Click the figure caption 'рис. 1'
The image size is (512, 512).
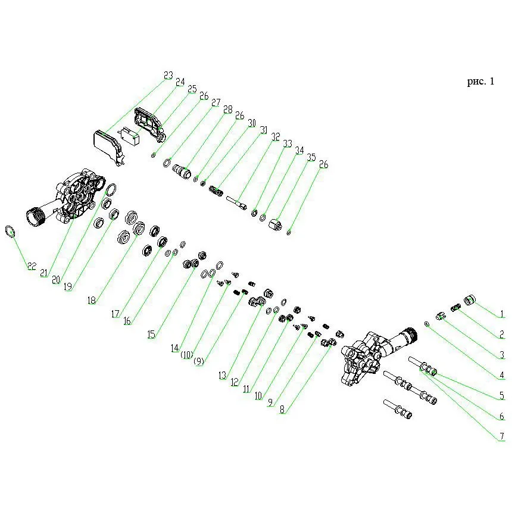480,82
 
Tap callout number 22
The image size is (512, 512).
32,266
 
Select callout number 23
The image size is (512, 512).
168,76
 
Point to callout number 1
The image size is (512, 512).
502,314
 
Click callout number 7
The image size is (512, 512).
502,436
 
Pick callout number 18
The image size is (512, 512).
92,300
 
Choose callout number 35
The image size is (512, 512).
311,157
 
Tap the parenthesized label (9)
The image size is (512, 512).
198,361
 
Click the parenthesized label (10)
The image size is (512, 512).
187,355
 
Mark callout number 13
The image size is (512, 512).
223,375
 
